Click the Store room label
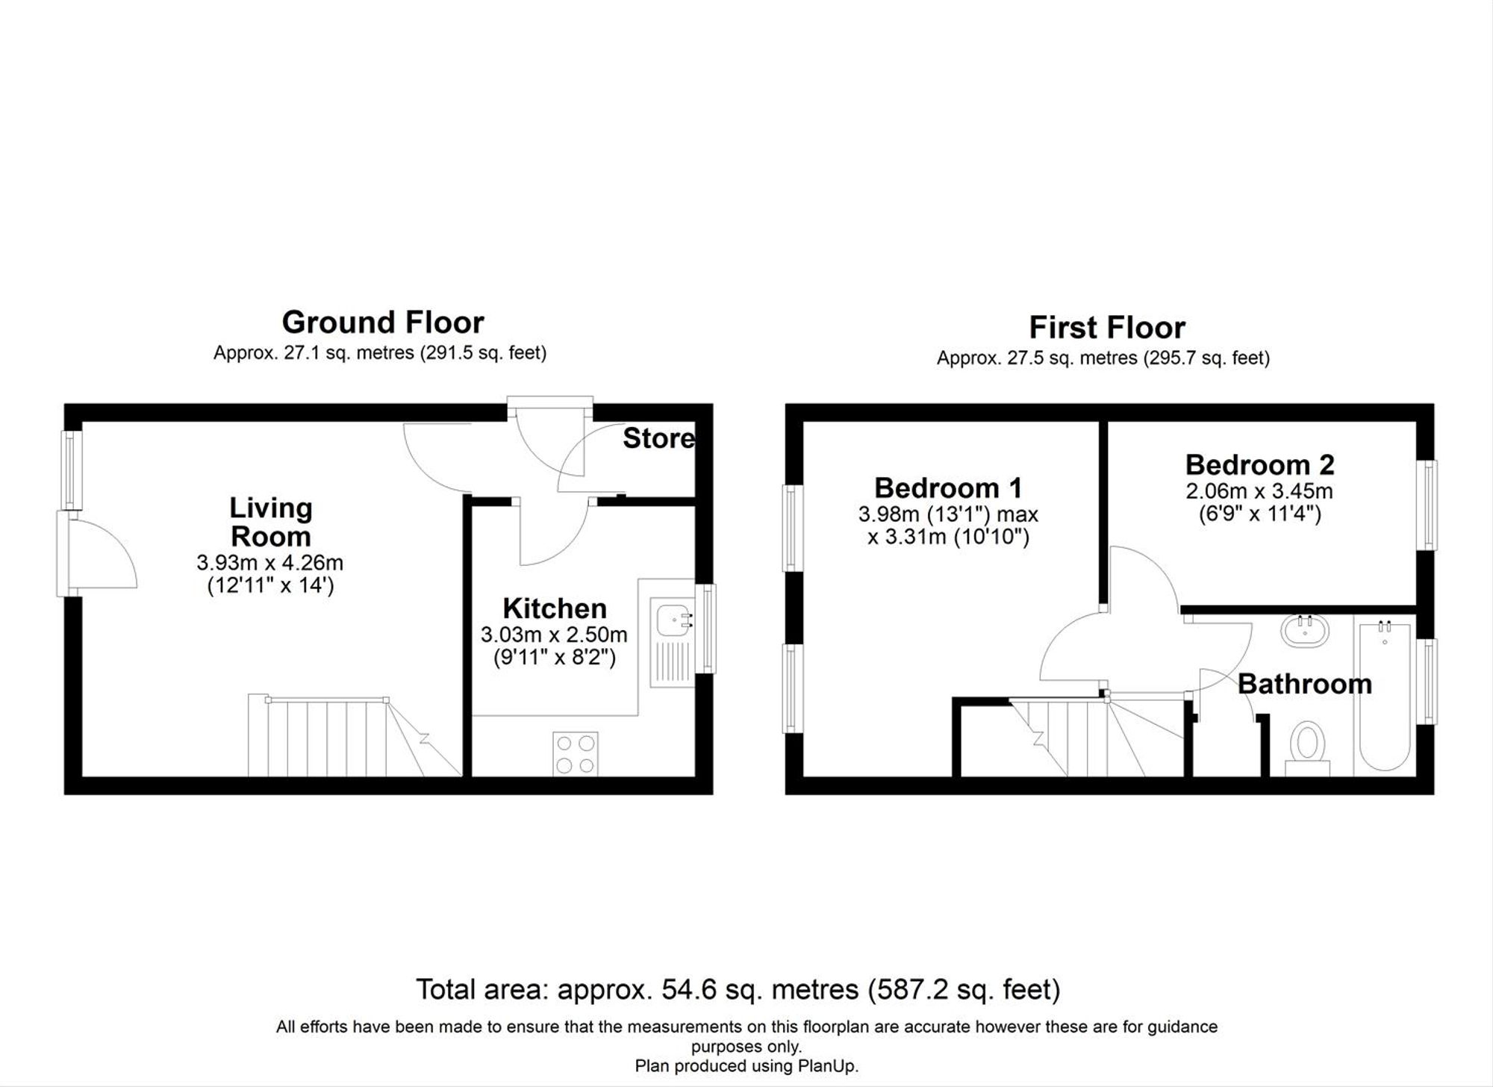[x=658, y=438]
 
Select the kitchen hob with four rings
[x=576, y=754]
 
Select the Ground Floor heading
[x=383, y=323]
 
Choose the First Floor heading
[x=1107, y=328]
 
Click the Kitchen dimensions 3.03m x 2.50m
[x=554, y=635]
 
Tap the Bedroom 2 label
[x=1259, y=465]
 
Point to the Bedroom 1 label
[x=948, y=488]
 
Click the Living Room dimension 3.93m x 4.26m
[x=270, y=562]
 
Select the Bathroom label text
[x=1305, y=684]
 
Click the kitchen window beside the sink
[x=706, y=629]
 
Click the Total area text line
[x=738, y=990]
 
